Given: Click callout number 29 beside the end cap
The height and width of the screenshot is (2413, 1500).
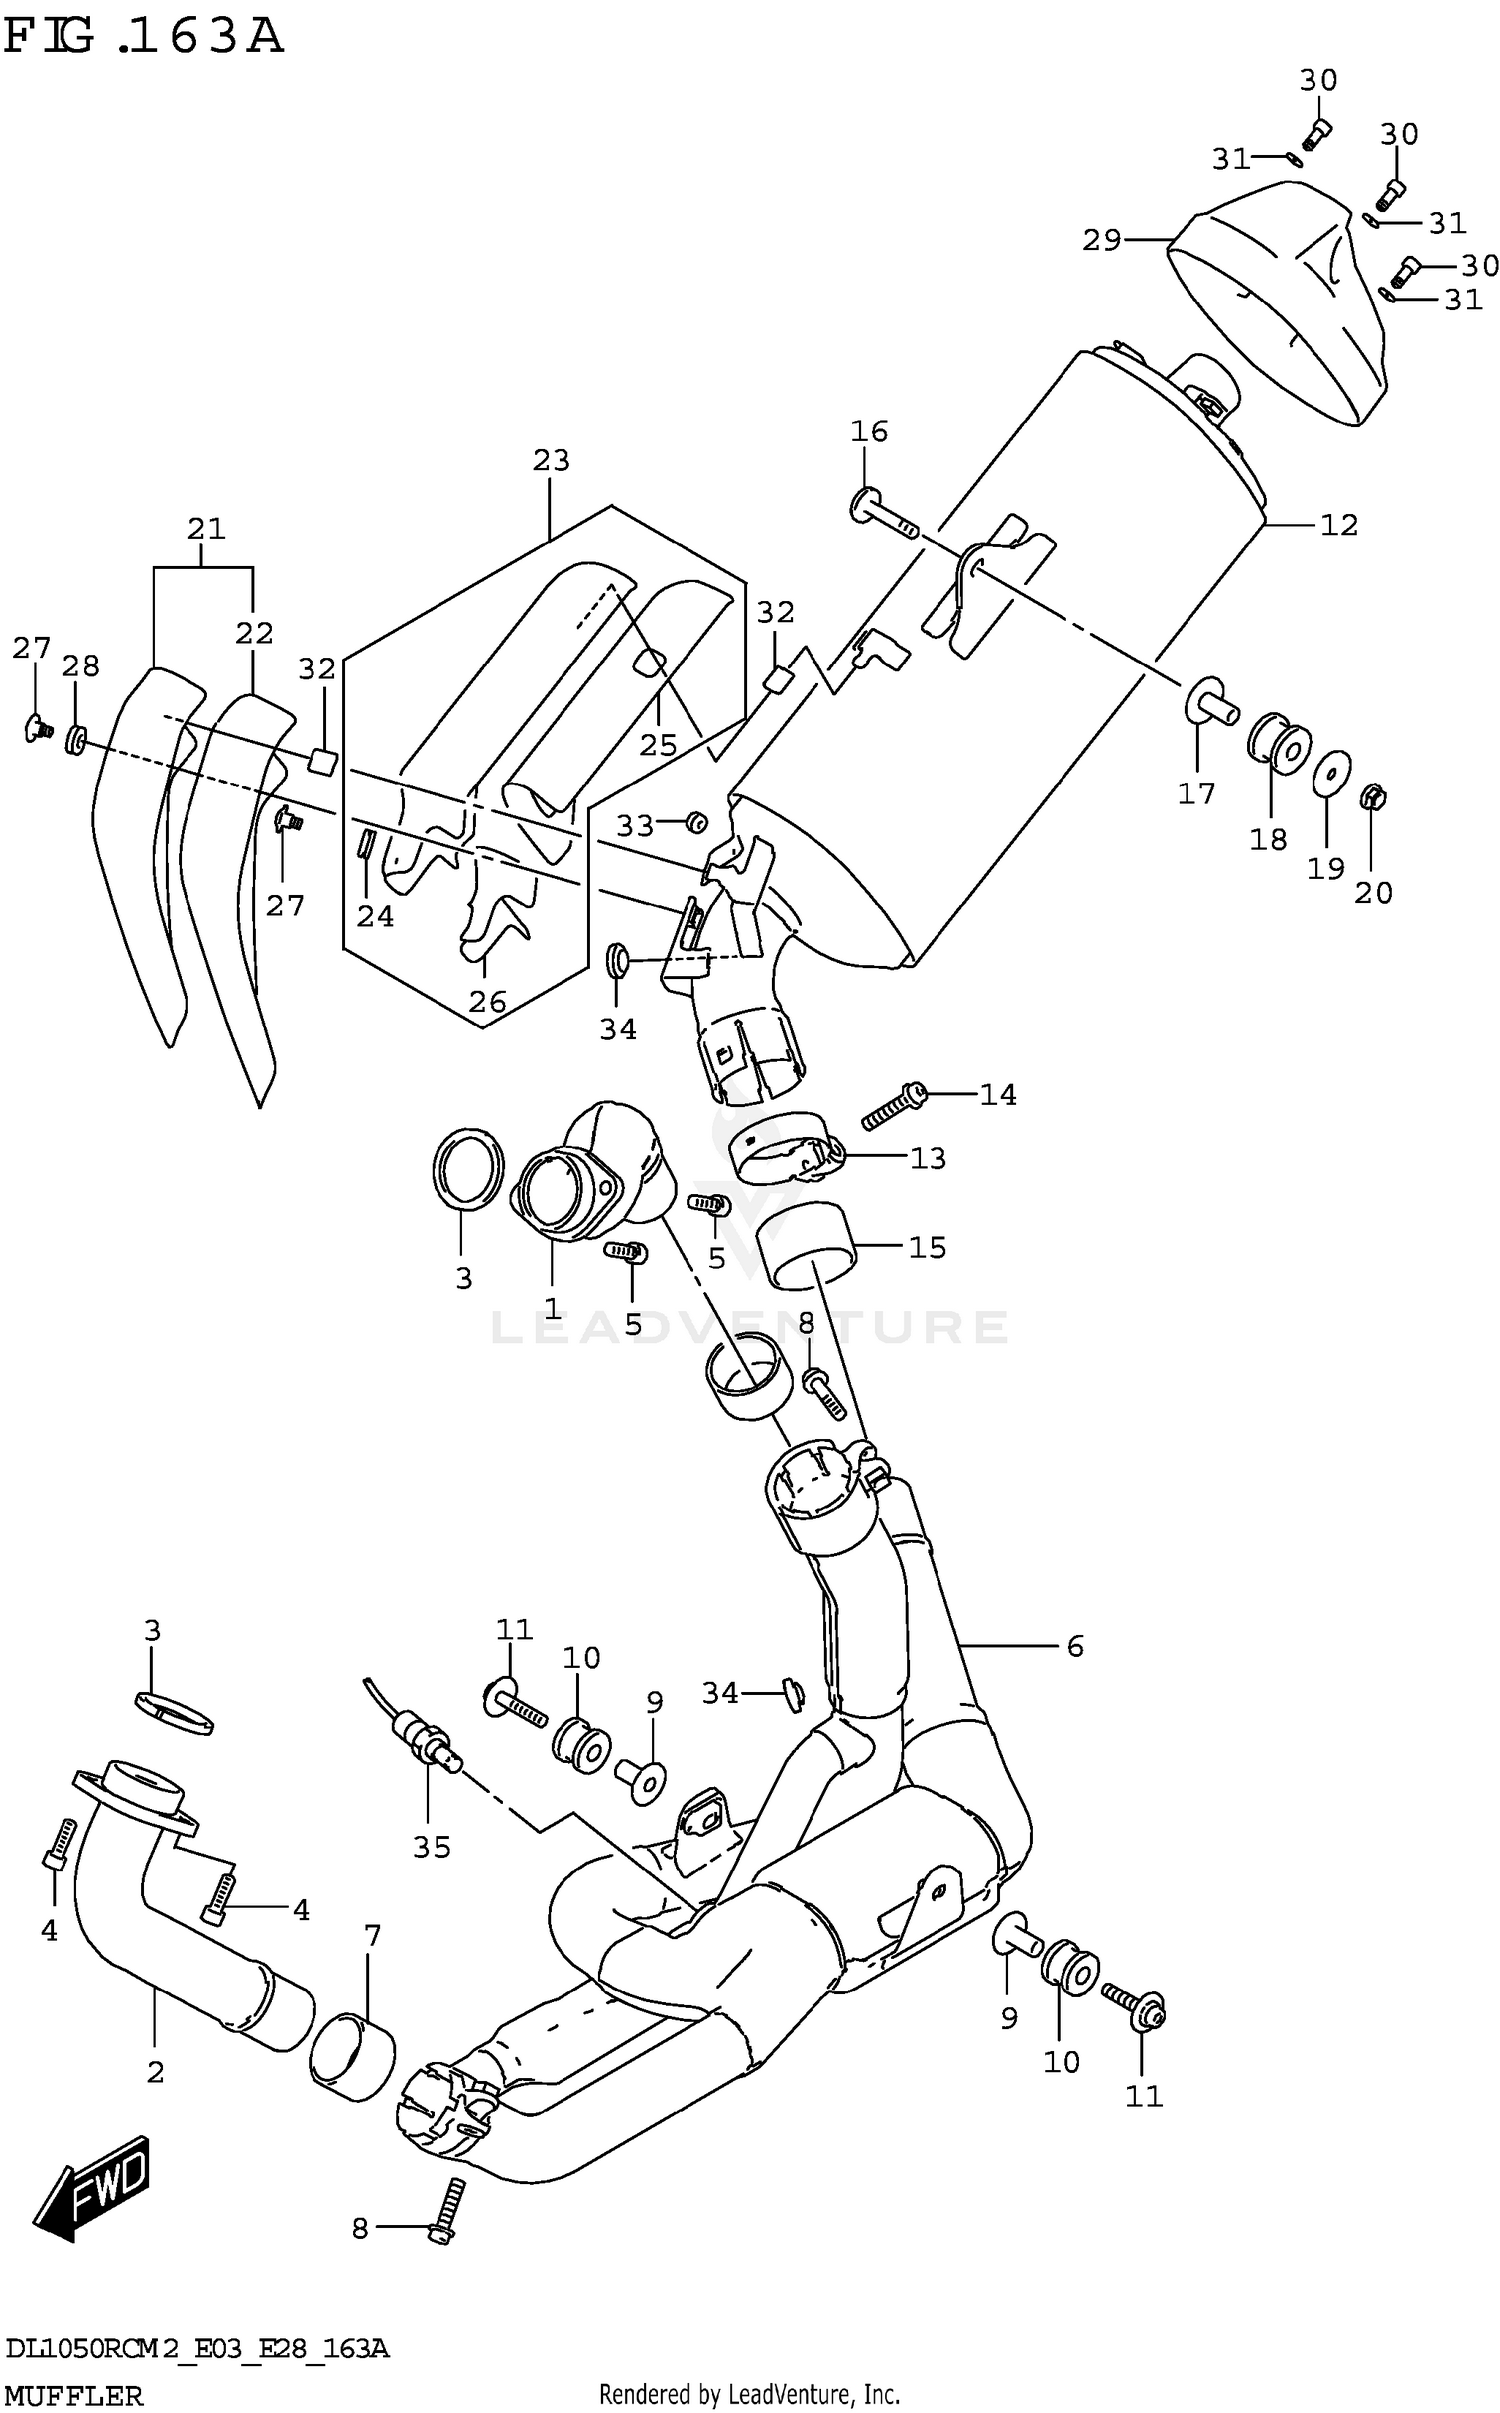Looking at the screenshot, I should click(1101, 240).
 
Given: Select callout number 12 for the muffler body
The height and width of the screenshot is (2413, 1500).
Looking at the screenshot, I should click(1338, 525).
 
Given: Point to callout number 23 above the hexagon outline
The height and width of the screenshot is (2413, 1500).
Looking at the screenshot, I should click(551, 460).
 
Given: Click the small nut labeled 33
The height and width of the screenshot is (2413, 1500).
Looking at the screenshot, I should click(696, 822).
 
